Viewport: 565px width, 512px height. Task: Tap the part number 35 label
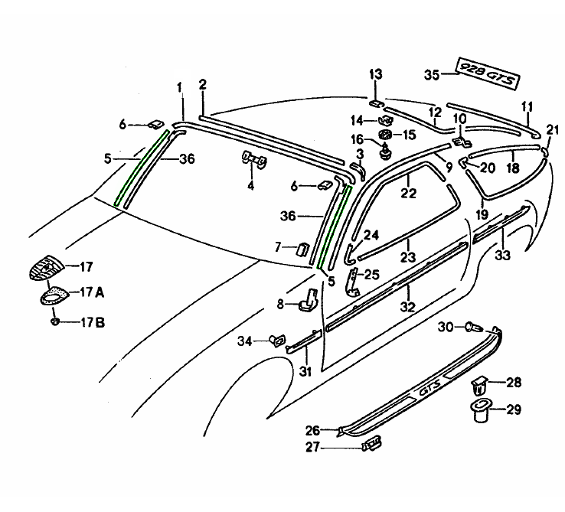(432, 74)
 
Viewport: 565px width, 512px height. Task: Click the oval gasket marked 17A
(54, 294)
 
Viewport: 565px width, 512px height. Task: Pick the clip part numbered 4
(254, 159)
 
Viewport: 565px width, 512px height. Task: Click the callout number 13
(376, 74)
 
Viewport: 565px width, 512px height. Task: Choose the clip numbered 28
(480, 383)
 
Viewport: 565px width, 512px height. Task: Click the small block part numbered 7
(302, 248)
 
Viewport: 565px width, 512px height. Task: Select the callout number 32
(408, 307)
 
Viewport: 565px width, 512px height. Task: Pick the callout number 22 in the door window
(408, 194)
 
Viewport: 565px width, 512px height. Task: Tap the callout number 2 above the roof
(203, 84)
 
